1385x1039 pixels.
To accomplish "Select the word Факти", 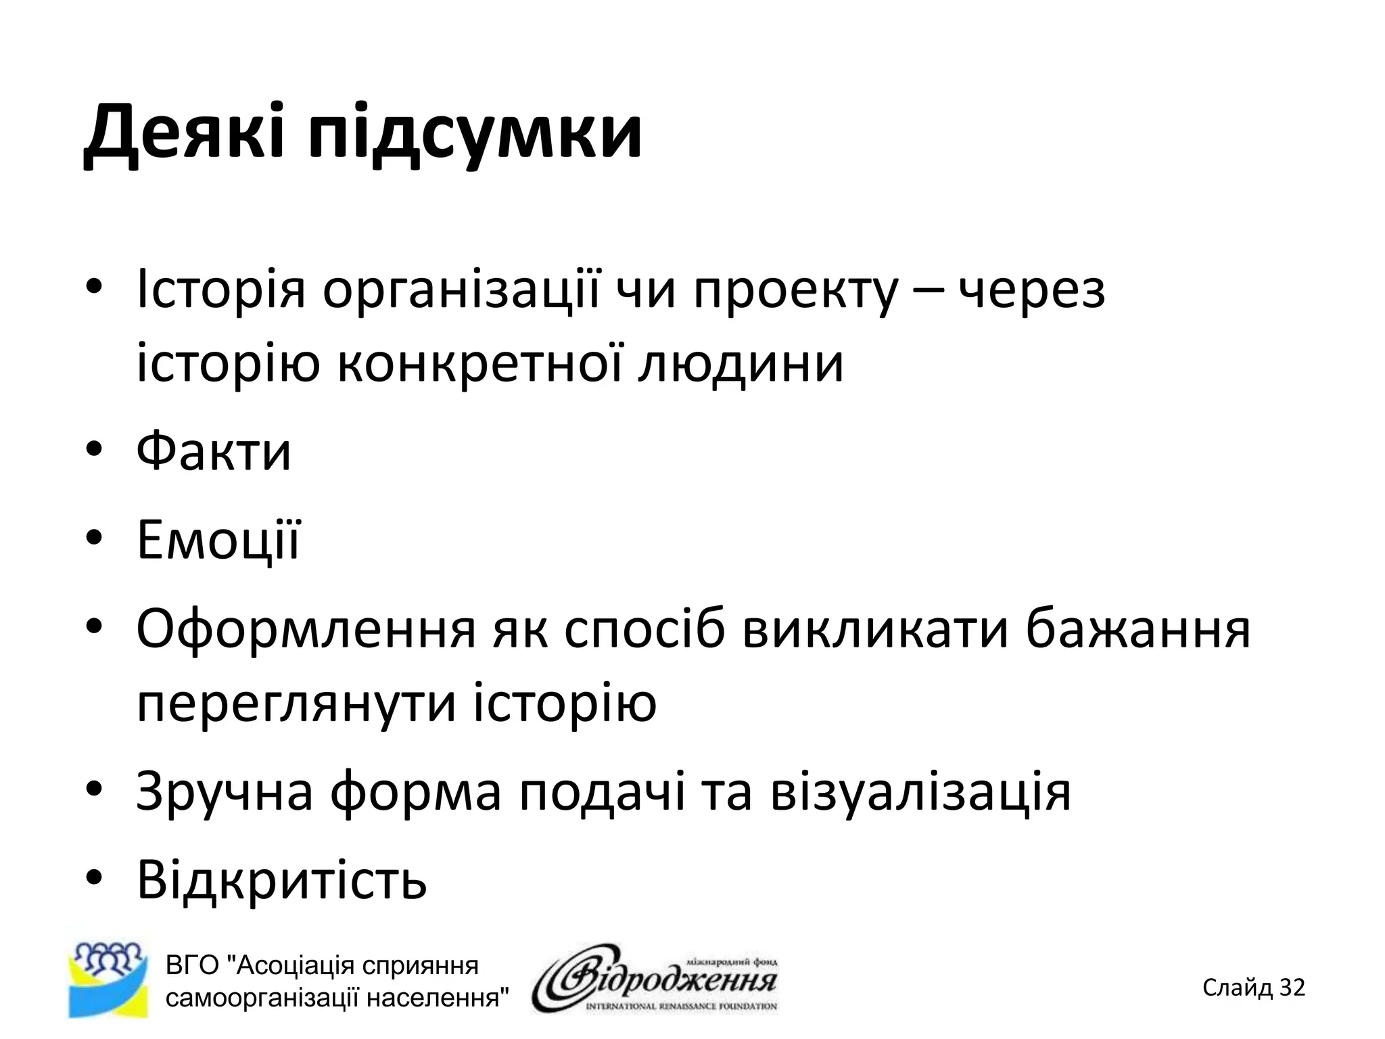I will (214, 451).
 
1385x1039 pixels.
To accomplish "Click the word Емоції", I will (218, 540).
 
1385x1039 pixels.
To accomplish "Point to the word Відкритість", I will (281, 879).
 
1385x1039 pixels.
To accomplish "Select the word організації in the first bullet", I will (461, 290).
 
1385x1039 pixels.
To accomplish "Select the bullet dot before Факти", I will (94, 451).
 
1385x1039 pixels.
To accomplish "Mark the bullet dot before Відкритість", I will (94, 879).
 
